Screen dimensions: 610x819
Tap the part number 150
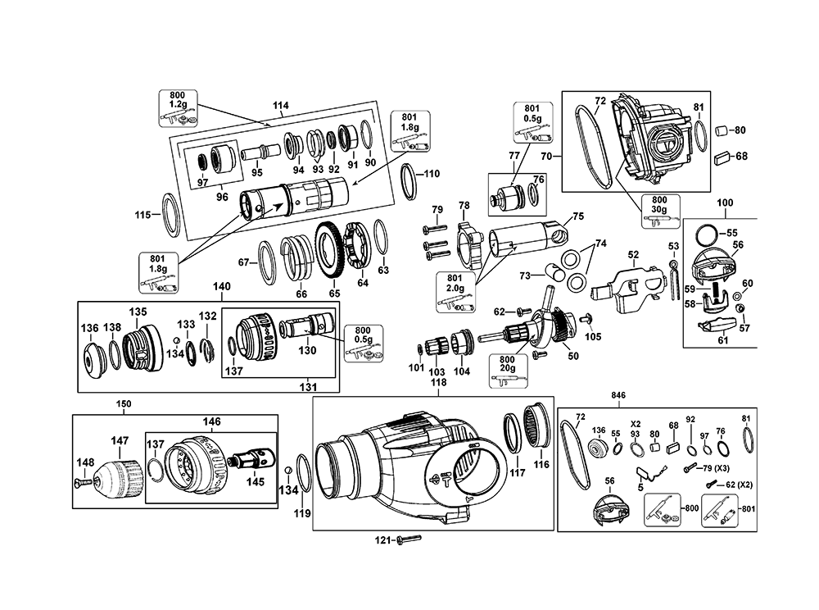123,404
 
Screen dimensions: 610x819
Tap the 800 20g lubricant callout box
508,363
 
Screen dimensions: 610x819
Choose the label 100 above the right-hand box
724,202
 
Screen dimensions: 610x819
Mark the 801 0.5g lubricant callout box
530,119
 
